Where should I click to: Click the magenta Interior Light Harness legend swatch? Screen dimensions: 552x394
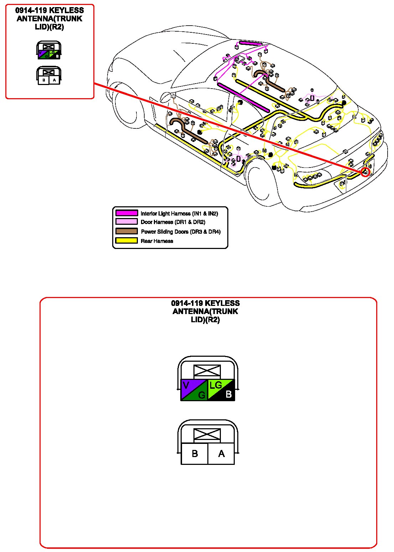(126, 213)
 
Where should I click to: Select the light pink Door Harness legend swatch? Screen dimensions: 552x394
(126, 222)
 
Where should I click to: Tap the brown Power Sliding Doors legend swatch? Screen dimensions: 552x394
(126, 231)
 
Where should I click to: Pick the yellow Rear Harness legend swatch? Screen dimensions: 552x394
(126, 241)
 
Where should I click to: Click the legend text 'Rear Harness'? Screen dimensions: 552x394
(157, 241)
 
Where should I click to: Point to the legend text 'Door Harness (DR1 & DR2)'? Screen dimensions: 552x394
(173, 222)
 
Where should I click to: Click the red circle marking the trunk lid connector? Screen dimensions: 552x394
(365, 172)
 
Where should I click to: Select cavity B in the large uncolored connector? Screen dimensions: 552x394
(195, 454)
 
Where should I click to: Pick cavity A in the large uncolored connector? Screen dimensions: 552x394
(221, 454)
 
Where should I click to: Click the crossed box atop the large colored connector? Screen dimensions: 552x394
(207, 371)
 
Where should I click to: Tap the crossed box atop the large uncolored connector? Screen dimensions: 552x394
(207, 435)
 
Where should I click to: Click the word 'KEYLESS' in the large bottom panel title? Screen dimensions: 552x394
(222, 303)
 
